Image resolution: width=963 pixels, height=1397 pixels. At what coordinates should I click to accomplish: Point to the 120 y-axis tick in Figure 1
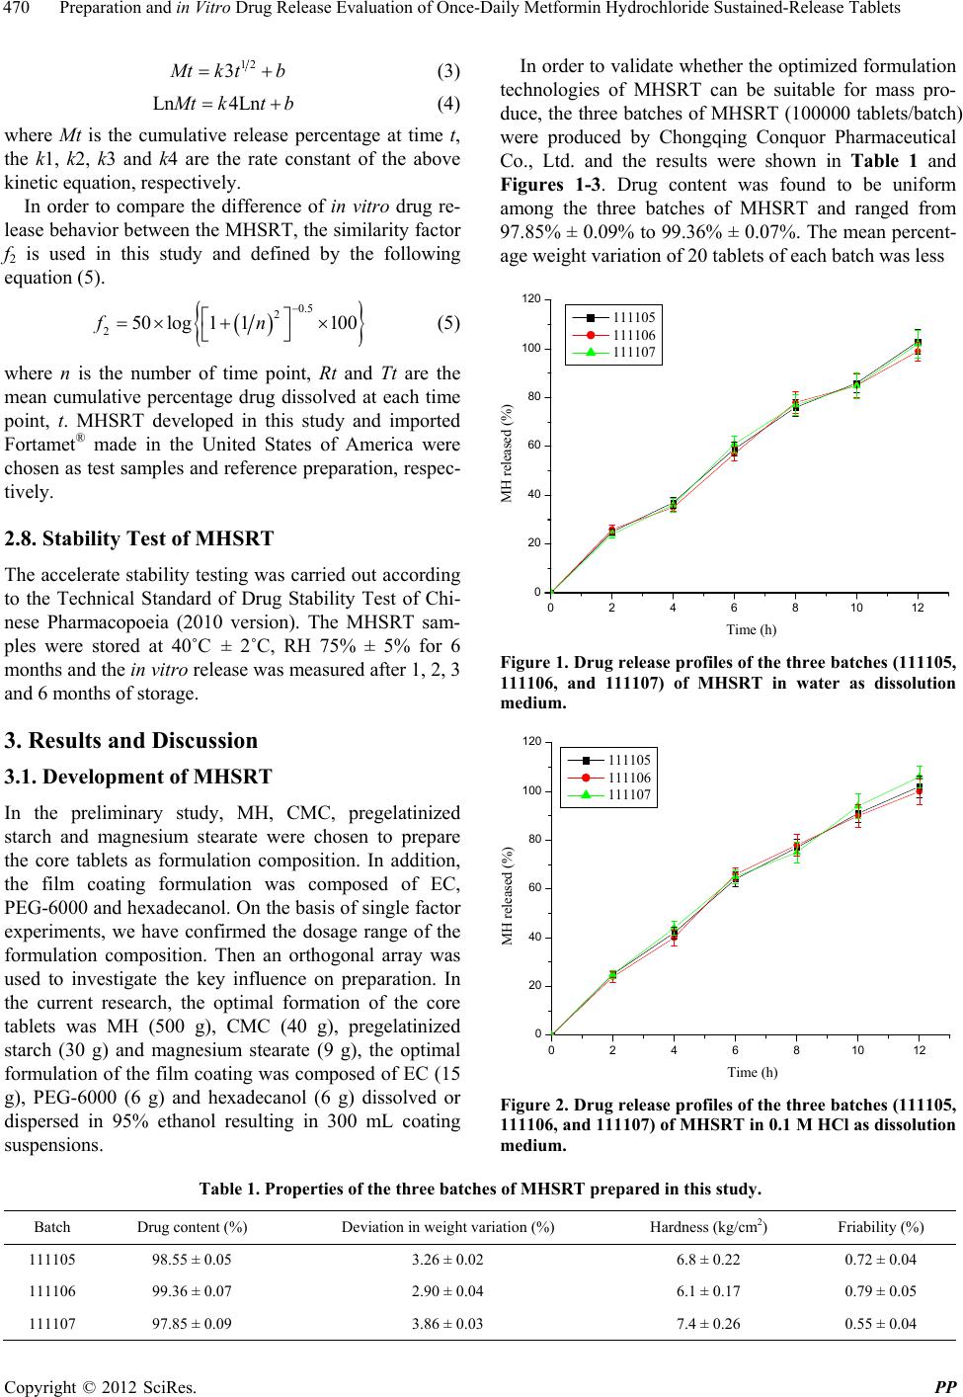tap(530, 299)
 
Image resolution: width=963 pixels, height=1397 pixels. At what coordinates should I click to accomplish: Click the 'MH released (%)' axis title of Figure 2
tap(508, 895)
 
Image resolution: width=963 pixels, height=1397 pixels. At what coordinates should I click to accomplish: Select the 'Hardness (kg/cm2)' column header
tap(709, 1226)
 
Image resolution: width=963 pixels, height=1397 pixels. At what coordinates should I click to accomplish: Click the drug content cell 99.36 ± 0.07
tap(192, 1290)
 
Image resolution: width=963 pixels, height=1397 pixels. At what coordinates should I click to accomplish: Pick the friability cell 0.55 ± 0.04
tap(881, 1323)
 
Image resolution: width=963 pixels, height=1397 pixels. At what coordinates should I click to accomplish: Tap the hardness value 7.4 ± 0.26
tap(709, 1323)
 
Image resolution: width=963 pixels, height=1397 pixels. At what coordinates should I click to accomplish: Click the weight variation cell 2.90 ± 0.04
tap(446, 1290)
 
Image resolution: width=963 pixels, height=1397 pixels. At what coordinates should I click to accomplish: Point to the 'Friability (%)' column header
tap(881, 1226)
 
